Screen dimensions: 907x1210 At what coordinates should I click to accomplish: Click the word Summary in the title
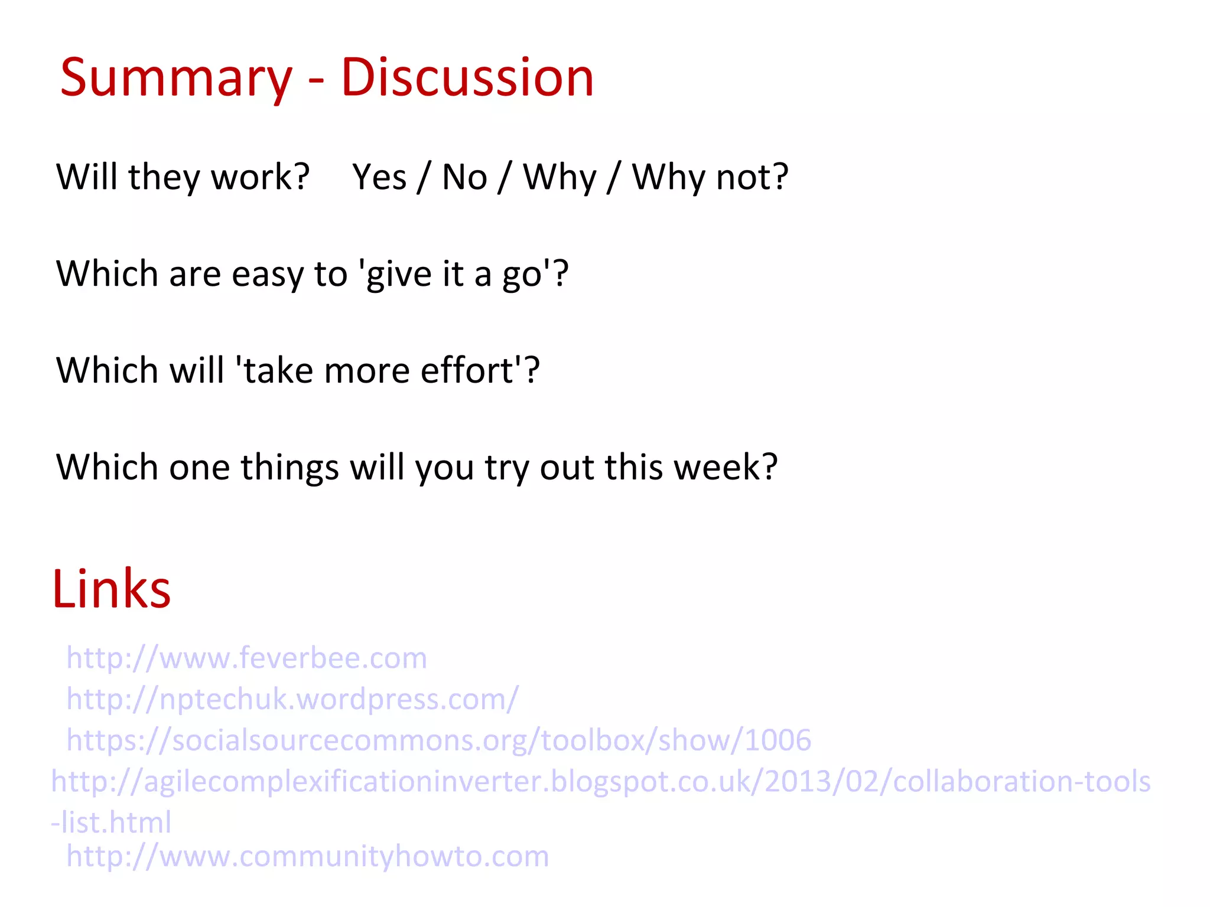click(x=176, y=79)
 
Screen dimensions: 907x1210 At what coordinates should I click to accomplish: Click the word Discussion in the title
click(x=467, y=79)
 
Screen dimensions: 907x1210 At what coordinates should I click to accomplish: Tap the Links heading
click(x=112, y=589)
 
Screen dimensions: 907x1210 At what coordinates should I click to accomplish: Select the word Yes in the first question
click(x=379, y=177)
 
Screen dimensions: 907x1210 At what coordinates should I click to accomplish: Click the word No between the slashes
click(x=464, y=177)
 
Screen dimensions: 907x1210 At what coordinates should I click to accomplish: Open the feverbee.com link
click(x=246, y=658)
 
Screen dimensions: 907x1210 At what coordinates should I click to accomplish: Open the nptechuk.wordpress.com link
click(x=292, y=699)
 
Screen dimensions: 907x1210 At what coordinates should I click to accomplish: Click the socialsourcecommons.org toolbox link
click(x=438, y=740)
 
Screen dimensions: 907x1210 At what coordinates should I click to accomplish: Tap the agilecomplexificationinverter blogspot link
click(x=600, y=782)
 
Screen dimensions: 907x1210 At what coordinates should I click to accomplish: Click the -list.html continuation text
click(x=111, y=823)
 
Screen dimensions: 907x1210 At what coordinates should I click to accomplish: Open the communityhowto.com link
click(x=307, y=856)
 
